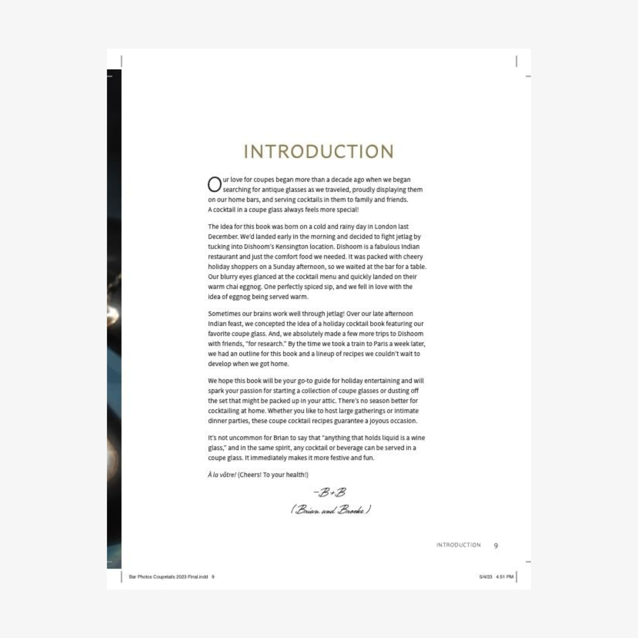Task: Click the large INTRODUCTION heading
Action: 319,152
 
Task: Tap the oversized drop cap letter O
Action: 214,184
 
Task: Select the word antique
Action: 253,190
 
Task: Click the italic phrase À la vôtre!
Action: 222,475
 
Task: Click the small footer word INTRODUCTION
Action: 458,545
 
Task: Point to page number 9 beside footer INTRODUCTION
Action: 496,545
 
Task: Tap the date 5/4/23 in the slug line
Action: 486,577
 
